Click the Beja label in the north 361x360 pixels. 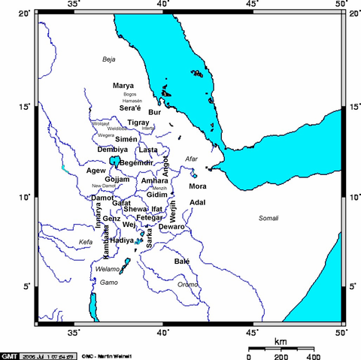(x=111, y=58)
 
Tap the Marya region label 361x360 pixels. (x=123, y=86)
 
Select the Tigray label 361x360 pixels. (x=138, y=122)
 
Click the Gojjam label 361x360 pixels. (x=117, y=180)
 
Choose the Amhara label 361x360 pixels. (x=155, y=181)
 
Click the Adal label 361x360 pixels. (x=198, y=202)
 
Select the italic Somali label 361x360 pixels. (x=268, y=218)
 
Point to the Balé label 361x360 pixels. (x=182, y=262)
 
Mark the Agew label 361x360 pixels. (x=96, y=171)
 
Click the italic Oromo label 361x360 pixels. (x=187, y=284)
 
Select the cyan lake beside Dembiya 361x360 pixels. (x=114, y=161)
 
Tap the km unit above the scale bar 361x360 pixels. (x=280, y=341)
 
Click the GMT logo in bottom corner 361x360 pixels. (x=10, y=355)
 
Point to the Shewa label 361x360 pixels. (x=135, y=208)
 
